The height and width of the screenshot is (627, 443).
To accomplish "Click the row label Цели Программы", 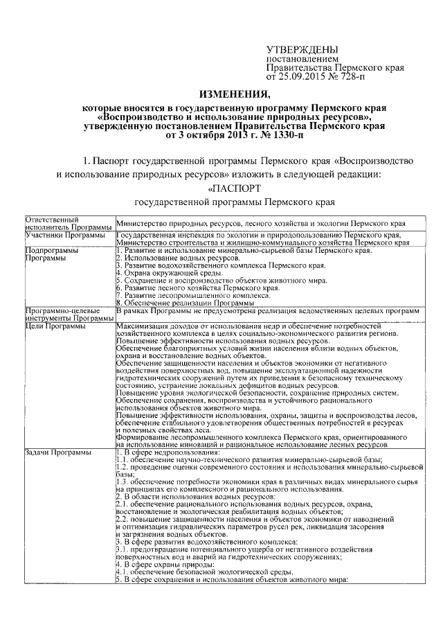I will pyautogui.click(x=56, y=326).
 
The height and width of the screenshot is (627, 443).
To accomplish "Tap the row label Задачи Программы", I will pyautogui.click(x=61, y=452).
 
